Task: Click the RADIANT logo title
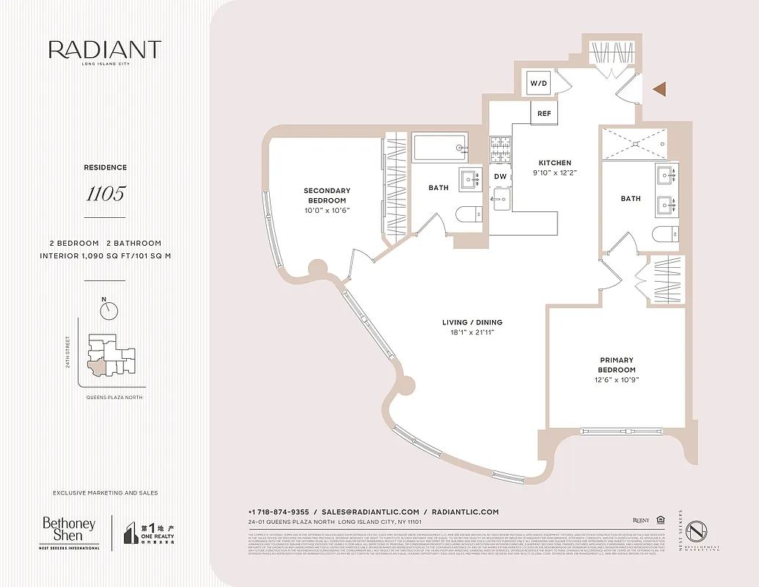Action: (105, 50)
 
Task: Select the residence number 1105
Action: (105, 194)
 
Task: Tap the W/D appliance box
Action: (539, 84)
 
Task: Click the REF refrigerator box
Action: (544, 114)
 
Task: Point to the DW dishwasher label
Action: (500, 176)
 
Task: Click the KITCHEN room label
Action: (554, 163)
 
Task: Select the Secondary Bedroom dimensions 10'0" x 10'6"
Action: (327, 211)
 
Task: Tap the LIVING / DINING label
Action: (472, 323)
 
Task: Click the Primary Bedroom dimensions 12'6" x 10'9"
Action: (617, 380)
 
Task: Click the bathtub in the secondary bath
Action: (439, 147)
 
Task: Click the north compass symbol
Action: (109, 310)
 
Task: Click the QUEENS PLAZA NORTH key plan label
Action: (110, 397)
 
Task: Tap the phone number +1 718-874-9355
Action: (279, 512)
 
